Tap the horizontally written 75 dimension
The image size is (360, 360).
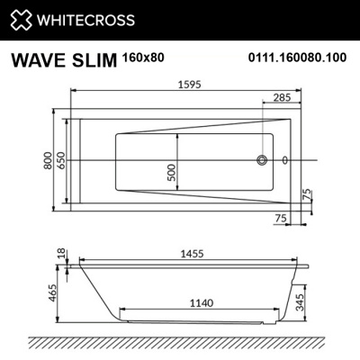(281, 217)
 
